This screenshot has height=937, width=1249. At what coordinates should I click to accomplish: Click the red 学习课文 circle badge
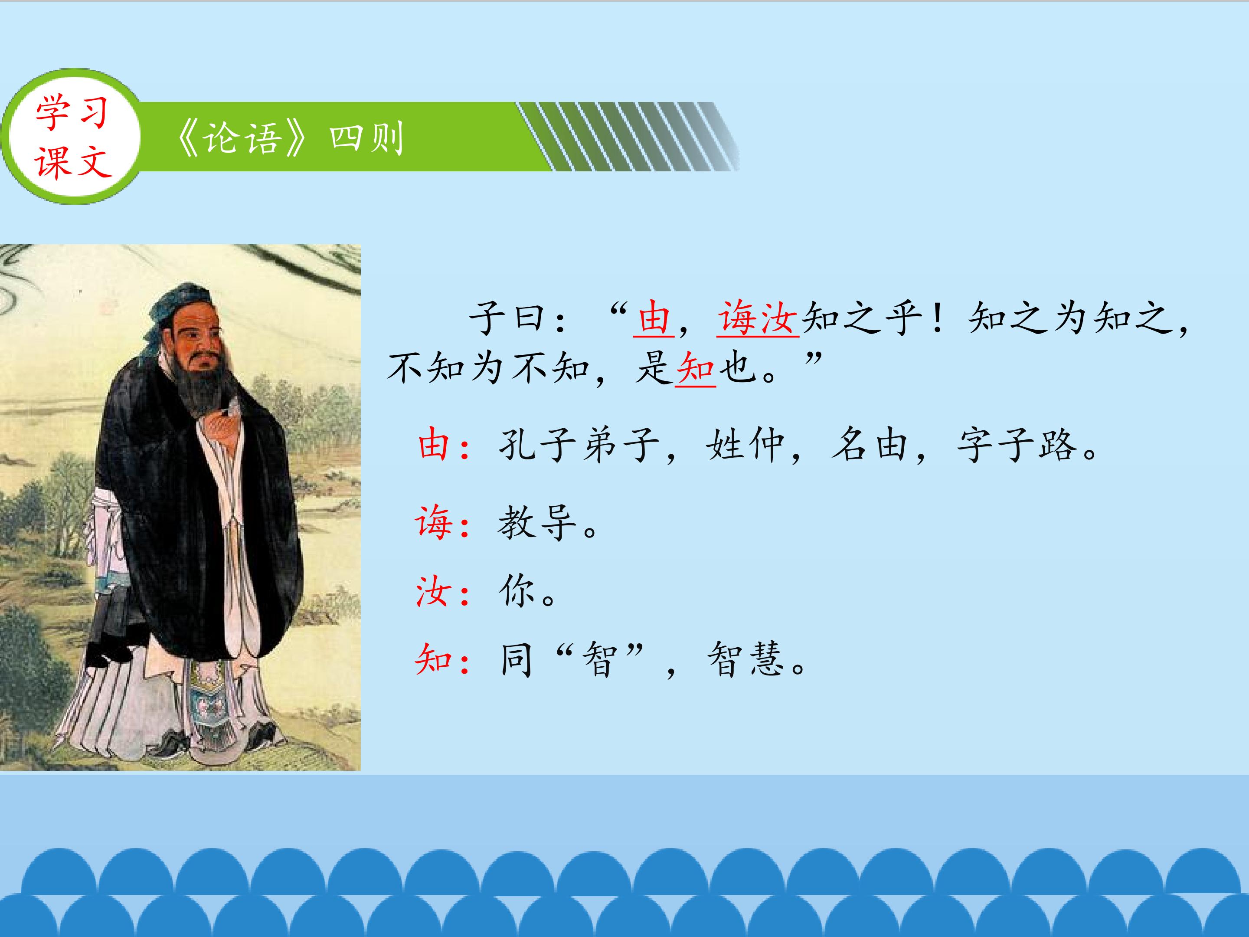pos(72,136)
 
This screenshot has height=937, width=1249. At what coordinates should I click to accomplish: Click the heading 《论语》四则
pos(290,138)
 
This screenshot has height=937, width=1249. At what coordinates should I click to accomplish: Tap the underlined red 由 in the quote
pos(654,318)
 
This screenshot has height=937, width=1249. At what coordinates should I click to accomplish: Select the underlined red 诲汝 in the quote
pos(758,318)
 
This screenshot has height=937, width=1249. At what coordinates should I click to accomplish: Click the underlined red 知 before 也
pos(696,368)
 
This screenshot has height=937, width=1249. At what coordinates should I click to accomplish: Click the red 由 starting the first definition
pos(434,445)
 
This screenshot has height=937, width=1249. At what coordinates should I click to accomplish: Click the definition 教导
pos(537,522)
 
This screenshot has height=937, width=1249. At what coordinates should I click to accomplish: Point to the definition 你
pos(516,591)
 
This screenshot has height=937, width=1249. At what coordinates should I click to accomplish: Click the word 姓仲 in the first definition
pos(745,445)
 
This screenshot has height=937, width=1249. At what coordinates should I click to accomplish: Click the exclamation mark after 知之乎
pos(937,318)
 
